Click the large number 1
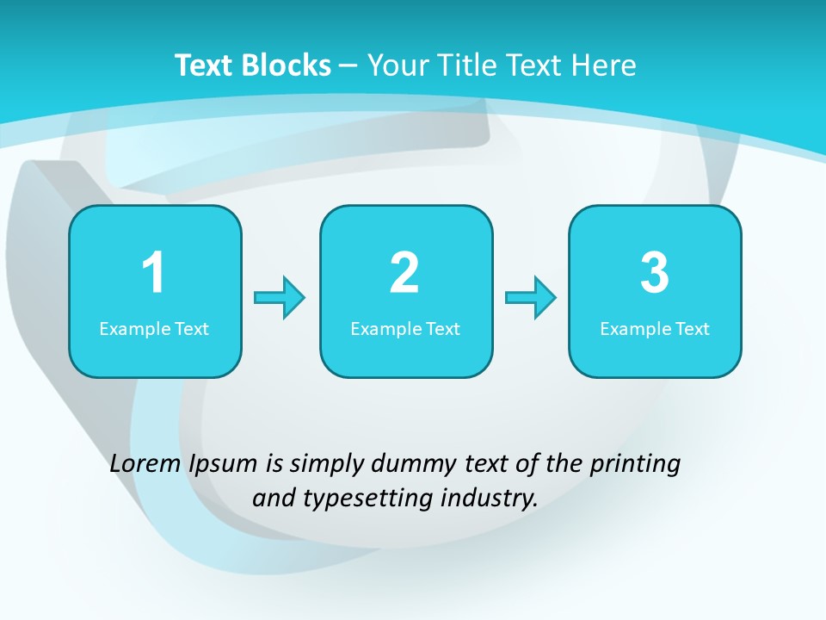click(x=153, y=273)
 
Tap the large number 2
click(x=404, y=273)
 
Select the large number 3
click(x=654, y=273)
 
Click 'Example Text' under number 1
click(x=154, y=329)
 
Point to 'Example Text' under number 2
click(x=405, y=329)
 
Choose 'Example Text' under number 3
click(x=655, y=329)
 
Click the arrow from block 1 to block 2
click(x=280, y=298)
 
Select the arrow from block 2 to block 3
click(x=531, y=298)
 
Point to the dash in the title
click(x=348, y=65)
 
